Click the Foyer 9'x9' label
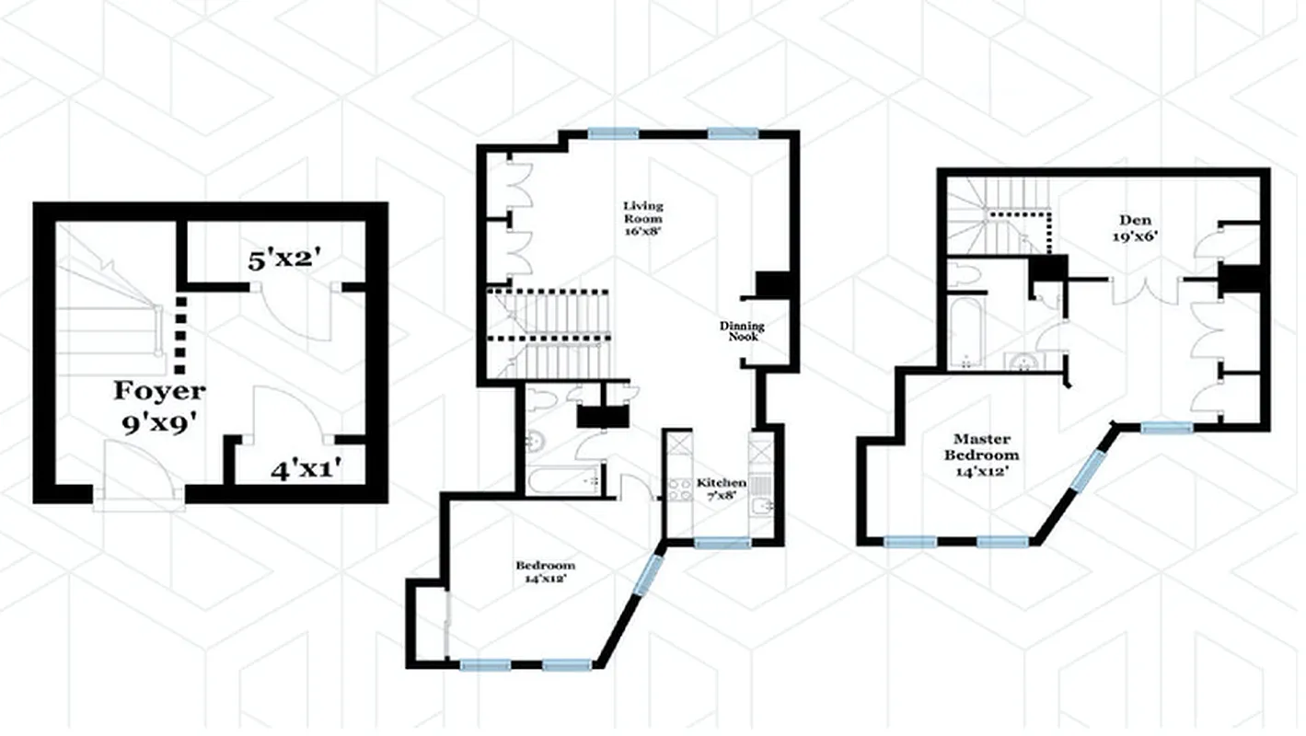click(159, 406)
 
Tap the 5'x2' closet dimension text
click(283, 259)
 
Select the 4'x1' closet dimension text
click(306, 470)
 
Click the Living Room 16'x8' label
click(641, 213)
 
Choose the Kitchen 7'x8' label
click(721, 489)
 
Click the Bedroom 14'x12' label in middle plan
click(545, 572)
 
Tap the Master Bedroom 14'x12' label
click(986, 447)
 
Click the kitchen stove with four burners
click(680, 491)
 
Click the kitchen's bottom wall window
click(722, 543)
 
